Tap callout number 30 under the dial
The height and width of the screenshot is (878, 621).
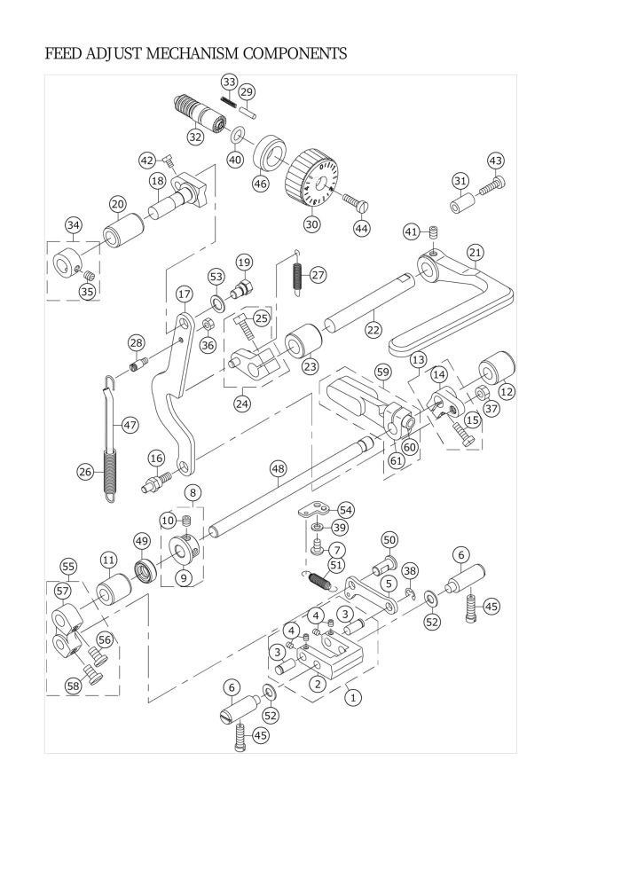tap(311, 224)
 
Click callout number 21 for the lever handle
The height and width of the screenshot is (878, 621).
tap(475, 253)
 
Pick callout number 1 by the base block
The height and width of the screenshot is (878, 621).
tap(353, 697)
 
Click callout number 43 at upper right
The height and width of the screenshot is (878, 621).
tap(495, 161)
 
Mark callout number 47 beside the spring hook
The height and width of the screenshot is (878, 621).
tap(130, 425)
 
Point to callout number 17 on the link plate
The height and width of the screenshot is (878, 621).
tap(184, 294)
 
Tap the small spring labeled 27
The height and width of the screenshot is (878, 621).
tap(298, 275)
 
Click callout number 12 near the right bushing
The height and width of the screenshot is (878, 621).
tap(507, 390)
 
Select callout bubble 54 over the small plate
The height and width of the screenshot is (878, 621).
tap(345, 510)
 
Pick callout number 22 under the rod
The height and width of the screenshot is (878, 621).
tap(373, 329)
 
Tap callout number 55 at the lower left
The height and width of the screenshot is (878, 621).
tap(67, 566)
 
